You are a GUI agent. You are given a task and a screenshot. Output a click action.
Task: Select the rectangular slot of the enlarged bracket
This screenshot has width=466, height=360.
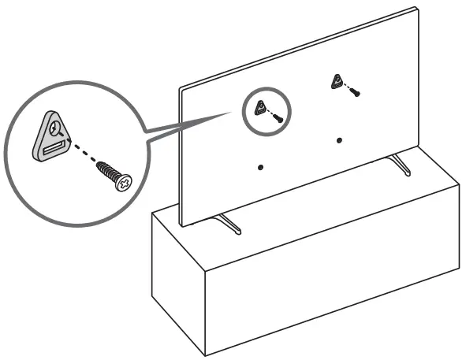(x=55, y=147)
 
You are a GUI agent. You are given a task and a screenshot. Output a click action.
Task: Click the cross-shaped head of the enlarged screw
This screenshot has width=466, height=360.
(x=122, y=184)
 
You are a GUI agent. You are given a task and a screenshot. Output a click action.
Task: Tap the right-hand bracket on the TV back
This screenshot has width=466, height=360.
(x=337, y=81)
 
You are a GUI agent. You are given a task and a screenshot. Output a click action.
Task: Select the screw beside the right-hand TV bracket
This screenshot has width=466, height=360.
(x=355, y=94)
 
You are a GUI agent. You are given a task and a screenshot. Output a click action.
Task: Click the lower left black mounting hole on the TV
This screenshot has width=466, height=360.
(x=260, y=166)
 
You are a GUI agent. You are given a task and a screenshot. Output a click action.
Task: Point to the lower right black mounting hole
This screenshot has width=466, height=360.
(x=339, y=141)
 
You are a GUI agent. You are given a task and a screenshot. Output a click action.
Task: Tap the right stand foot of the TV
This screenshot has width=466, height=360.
(x=401, y=166)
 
